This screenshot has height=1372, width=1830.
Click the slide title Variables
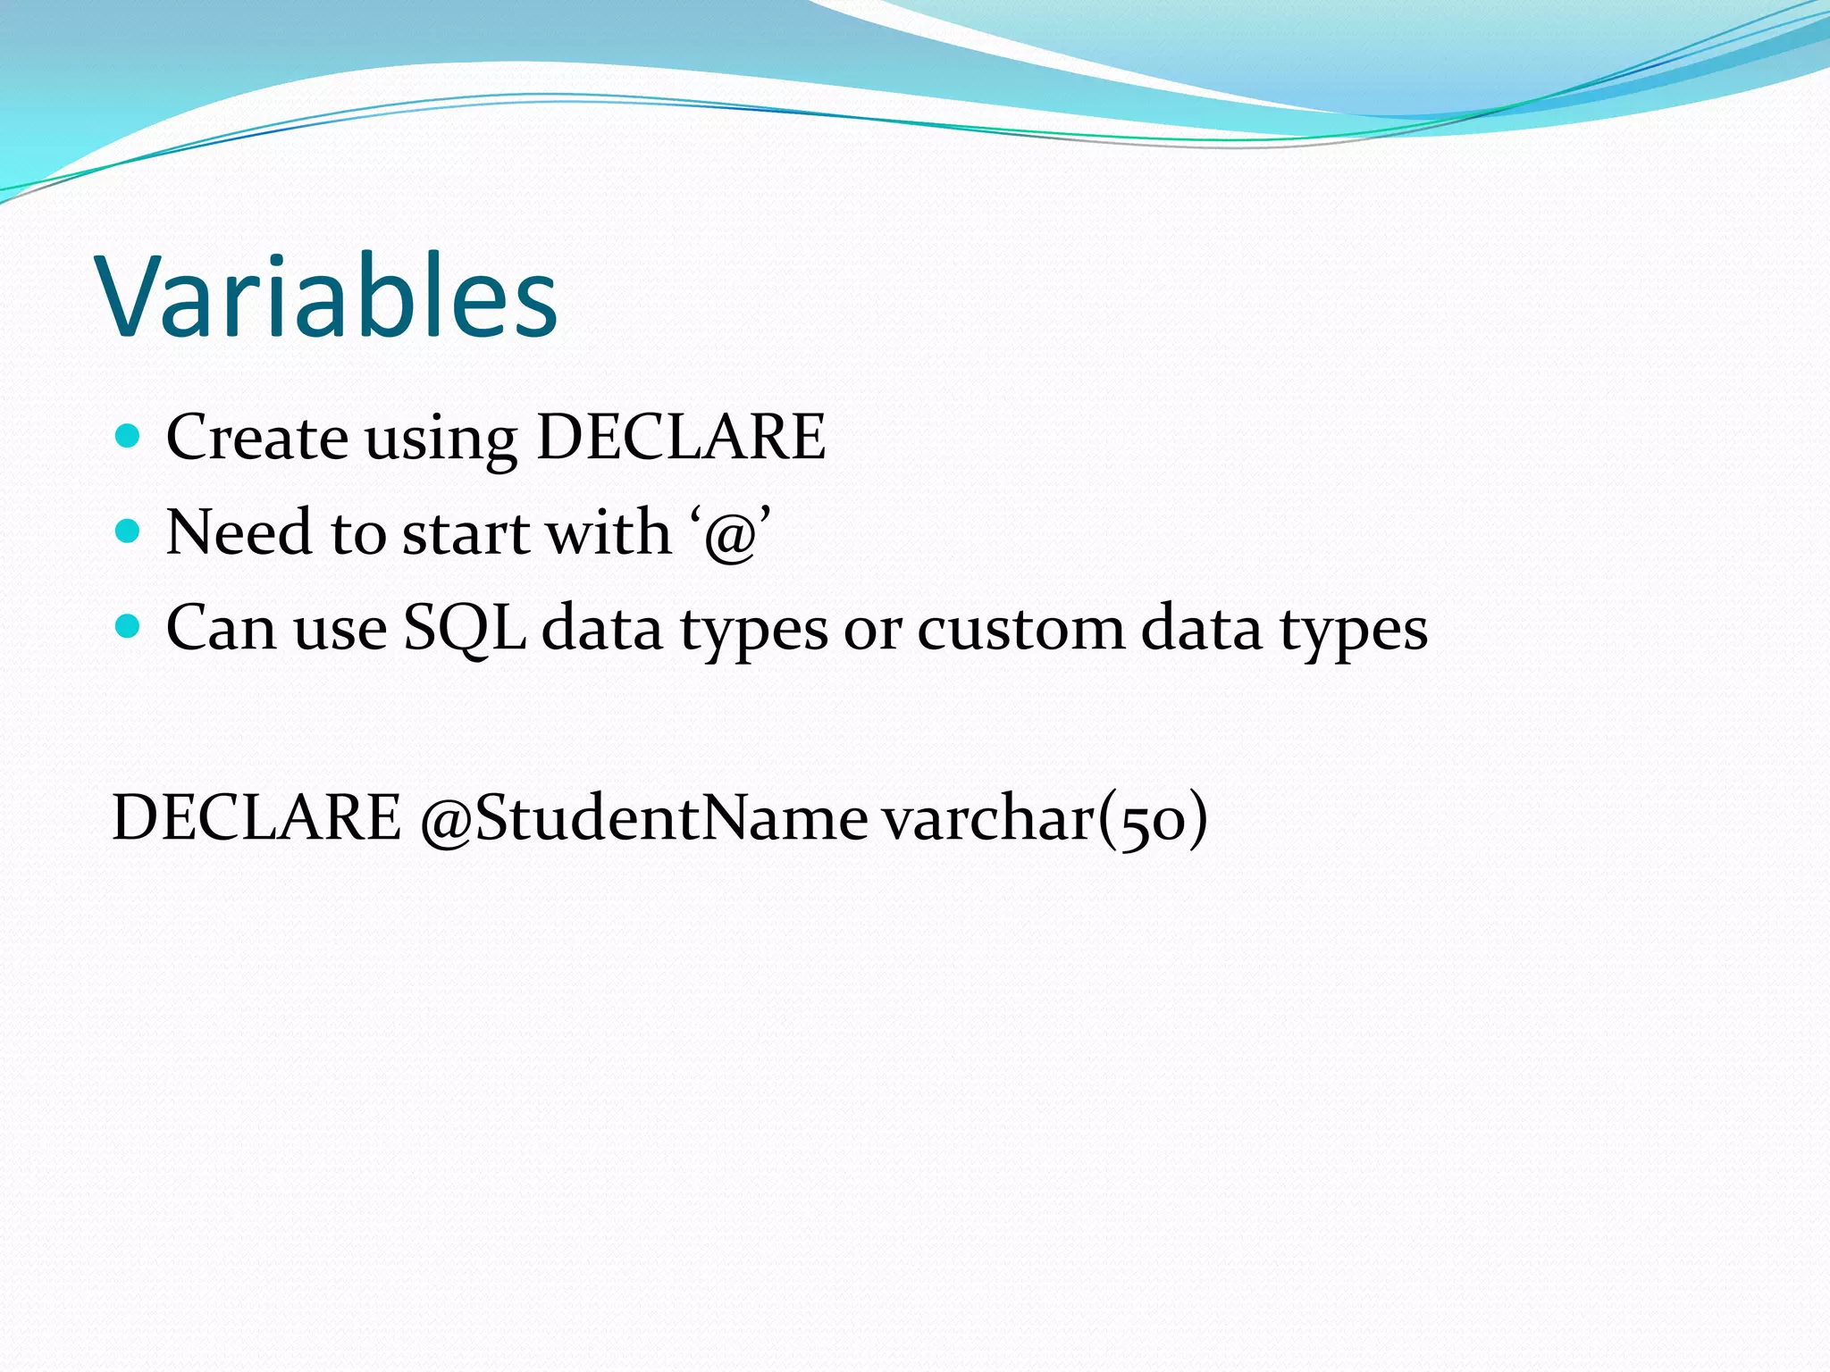328,297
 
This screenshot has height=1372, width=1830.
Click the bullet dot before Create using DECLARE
129,436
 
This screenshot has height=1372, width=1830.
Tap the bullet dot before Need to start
129,531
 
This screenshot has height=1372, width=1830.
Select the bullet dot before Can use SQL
129,626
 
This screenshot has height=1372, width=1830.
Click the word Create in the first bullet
257,438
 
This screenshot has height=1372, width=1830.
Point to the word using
441,440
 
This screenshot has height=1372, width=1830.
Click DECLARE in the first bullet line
681,438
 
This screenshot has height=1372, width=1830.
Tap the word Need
239,532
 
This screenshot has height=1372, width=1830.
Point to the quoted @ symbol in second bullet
731,536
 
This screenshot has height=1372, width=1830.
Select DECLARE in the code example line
256,817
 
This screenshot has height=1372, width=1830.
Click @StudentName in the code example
643,819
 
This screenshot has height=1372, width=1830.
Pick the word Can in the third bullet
221,628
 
